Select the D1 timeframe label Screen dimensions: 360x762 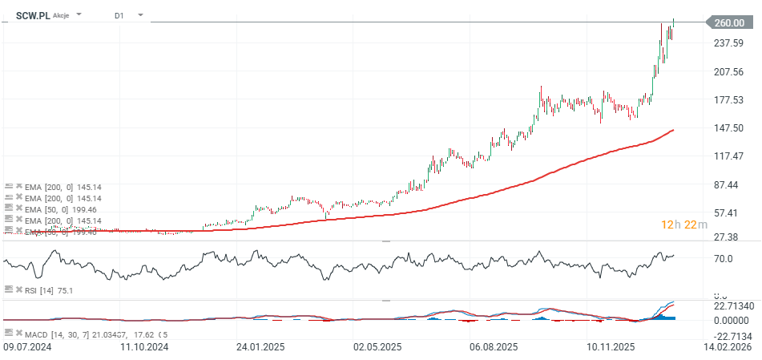(119, 15)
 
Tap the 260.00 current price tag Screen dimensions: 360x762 (728, 22)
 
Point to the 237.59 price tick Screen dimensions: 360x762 (729, 43)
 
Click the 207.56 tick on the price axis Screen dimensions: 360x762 (729, 71)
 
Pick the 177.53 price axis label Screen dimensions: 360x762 (729, 100)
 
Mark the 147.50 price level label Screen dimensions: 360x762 (729, 128)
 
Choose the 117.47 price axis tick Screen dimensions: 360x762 (729, 156)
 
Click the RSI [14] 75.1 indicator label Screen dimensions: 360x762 (50, 290)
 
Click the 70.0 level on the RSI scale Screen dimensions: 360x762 (724, 259)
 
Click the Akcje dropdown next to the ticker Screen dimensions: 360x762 (68, 15)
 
